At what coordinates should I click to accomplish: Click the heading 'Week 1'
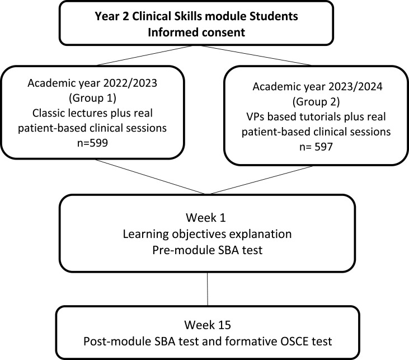click(208, 215)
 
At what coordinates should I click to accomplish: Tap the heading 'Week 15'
click(208, 324)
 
